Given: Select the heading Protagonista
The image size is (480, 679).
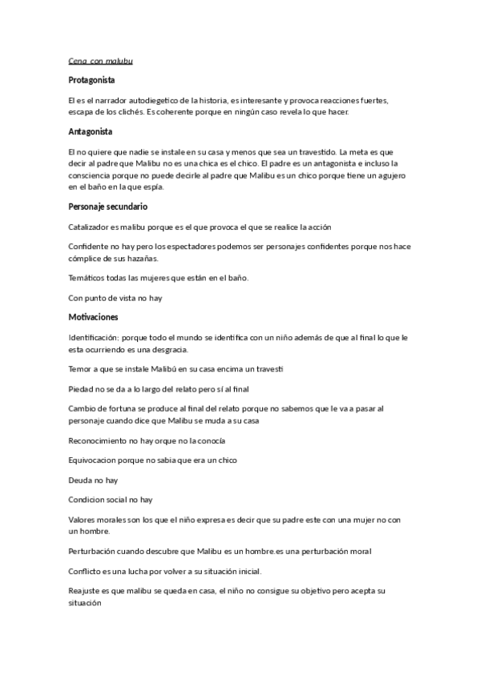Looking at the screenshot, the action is point(92,80).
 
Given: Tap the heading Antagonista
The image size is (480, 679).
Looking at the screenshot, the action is point(91,131).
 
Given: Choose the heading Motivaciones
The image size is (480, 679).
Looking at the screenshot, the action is point(93,317).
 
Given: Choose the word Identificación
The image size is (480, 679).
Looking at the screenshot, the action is point(97,338).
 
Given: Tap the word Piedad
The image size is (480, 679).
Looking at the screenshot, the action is point(82,388).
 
